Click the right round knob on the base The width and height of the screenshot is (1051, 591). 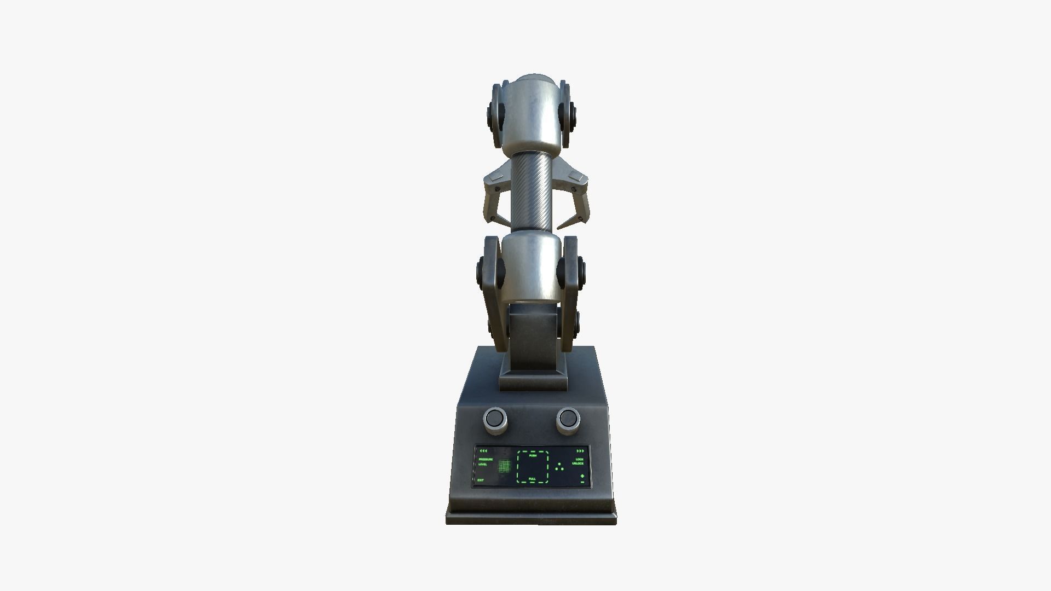point(568,419)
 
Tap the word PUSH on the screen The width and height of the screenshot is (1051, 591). point(533,455)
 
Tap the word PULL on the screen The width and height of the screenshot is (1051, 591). point(532,479)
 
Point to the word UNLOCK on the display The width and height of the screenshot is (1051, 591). point(578,463)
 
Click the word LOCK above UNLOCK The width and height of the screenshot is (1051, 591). point(580,459)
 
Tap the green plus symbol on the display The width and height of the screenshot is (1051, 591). point(582,476)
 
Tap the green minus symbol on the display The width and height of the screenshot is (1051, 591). point(582,482)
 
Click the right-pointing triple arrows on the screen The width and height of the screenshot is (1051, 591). point(580,451)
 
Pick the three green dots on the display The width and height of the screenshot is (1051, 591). point(559,467)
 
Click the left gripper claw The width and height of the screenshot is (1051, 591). point(494,197)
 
